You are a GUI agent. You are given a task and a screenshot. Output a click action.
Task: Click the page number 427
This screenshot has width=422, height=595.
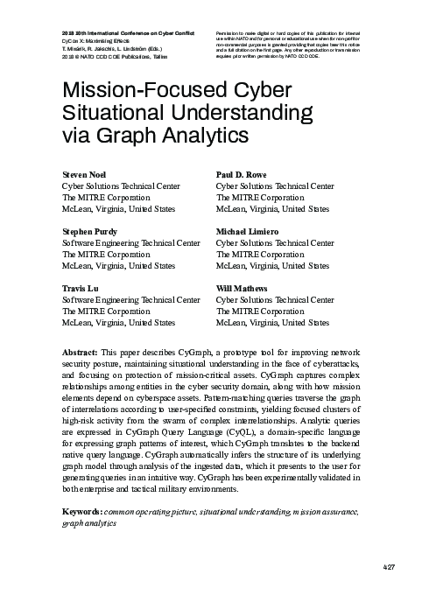click(x=391, y=570)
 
